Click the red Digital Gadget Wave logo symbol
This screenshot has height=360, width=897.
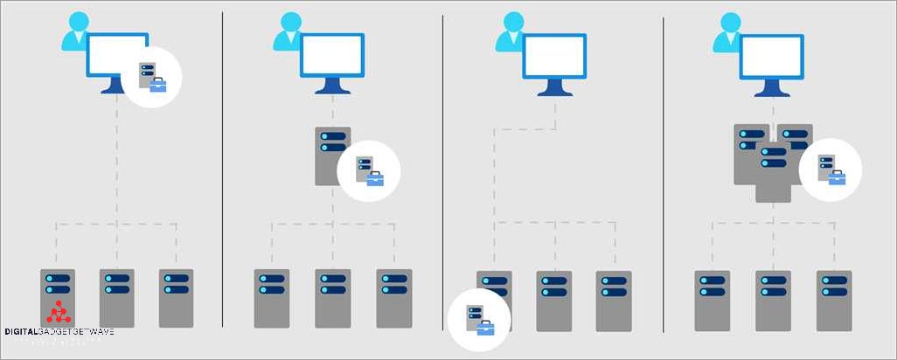[58, 313]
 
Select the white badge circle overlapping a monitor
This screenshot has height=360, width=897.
[153, 77]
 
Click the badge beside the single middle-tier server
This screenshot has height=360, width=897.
[369, 170]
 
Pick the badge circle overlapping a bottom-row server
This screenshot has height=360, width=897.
[478, 320]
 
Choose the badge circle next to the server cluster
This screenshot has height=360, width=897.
[831, 169]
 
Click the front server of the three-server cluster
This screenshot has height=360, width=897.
[774, 172]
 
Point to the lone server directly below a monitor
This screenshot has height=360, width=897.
[332, 156]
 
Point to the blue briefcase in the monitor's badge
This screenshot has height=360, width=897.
[158, 85]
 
